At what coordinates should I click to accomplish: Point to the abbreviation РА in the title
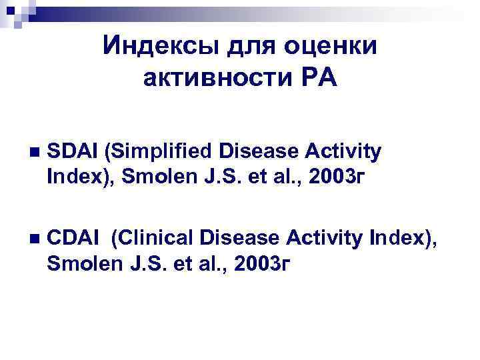pyautogui.click(x=317, y=79)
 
